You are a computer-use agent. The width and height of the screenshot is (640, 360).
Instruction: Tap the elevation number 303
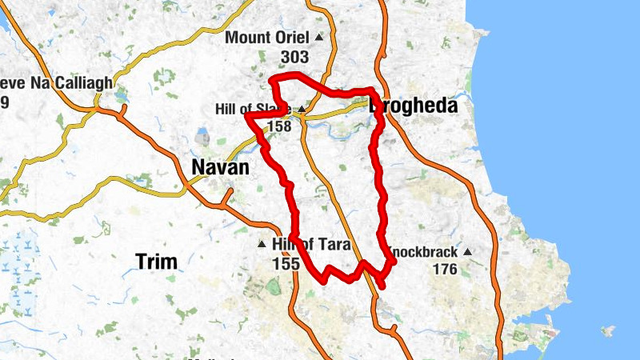tap(295, 58)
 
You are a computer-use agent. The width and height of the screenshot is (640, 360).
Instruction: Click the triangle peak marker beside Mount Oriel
tap(319, 38)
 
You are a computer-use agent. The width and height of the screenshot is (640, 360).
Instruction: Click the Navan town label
tap(220, 167)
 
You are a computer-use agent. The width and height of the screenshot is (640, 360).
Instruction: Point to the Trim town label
tap(156, 261)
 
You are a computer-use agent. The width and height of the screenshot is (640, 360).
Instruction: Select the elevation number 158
tap(278, 126)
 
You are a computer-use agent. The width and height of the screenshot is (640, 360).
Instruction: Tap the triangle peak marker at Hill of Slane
tap(302, 110)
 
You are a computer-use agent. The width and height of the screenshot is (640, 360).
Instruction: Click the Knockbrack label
tap(424, 253)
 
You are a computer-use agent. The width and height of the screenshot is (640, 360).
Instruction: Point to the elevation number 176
tap(445, 270)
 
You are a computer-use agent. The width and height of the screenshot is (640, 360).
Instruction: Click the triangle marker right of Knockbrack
tap(468, 253)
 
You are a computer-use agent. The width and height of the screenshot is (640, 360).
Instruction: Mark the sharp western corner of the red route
tap(246, 116)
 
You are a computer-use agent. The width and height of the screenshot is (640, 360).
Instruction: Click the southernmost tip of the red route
tap(382, 286)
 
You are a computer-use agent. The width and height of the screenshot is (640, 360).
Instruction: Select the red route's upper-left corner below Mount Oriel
tap(273, 78)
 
